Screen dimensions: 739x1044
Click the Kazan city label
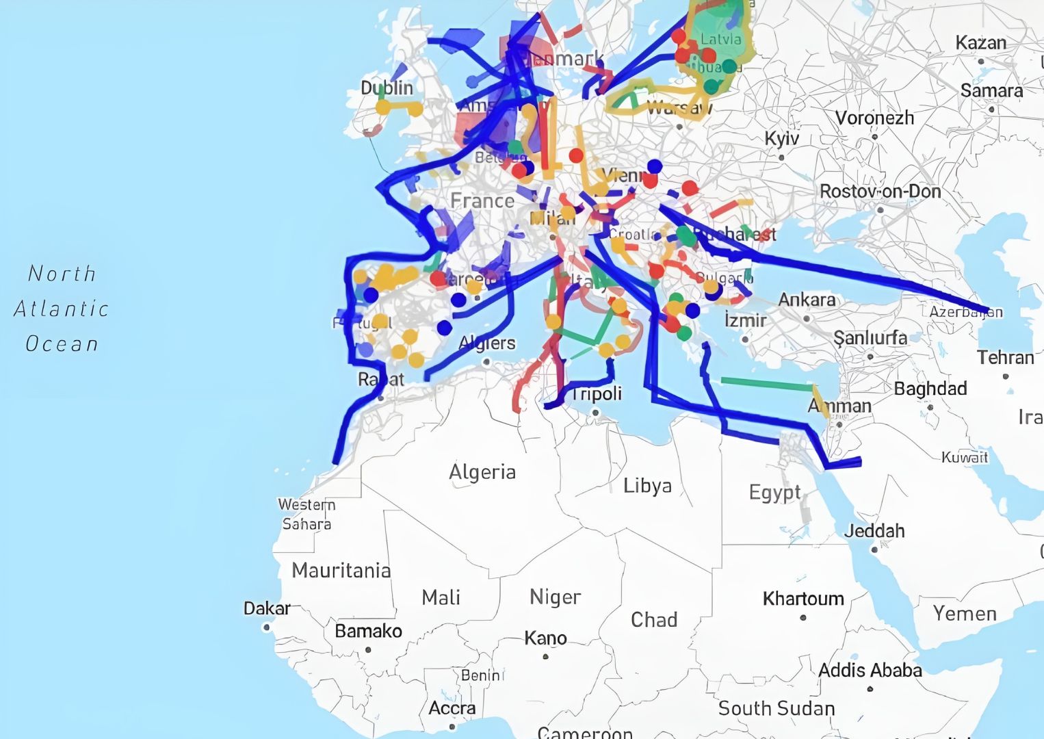[x=980, y=43]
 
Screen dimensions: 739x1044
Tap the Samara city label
[x=991, y=91]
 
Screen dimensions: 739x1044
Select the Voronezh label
[x=874, y=118]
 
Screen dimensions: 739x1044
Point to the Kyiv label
[x=781, y=139]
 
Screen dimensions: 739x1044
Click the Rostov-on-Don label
[x=880, y=192]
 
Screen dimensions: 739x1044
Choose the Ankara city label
[x=807, y=300]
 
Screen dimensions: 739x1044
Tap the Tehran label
[x=1005, y=358]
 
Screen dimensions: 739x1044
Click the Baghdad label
[x=930, y=389]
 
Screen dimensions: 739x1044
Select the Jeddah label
[x=874, y=531]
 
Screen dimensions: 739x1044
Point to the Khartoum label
[x=803, y=599]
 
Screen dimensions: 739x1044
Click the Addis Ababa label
[x=870, y=671]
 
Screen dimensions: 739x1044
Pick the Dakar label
[x=267, y=608]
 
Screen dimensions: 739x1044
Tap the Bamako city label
[x=368, y=631]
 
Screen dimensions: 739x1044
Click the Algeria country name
[x=482, y=472]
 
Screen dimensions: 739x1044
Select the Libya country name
[x=647, y=486]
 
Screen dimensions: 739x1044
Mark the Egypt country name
[x=774, y=493]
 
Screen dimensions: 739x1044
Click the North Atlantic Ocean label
[x=62, y=309]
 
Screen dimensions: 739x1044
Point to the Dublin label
[x=387, y=88]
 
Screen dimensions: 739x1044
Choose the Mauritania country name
[x=341, y=570]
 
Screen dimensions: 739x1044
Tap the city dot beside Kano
[x=545, y=656]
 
